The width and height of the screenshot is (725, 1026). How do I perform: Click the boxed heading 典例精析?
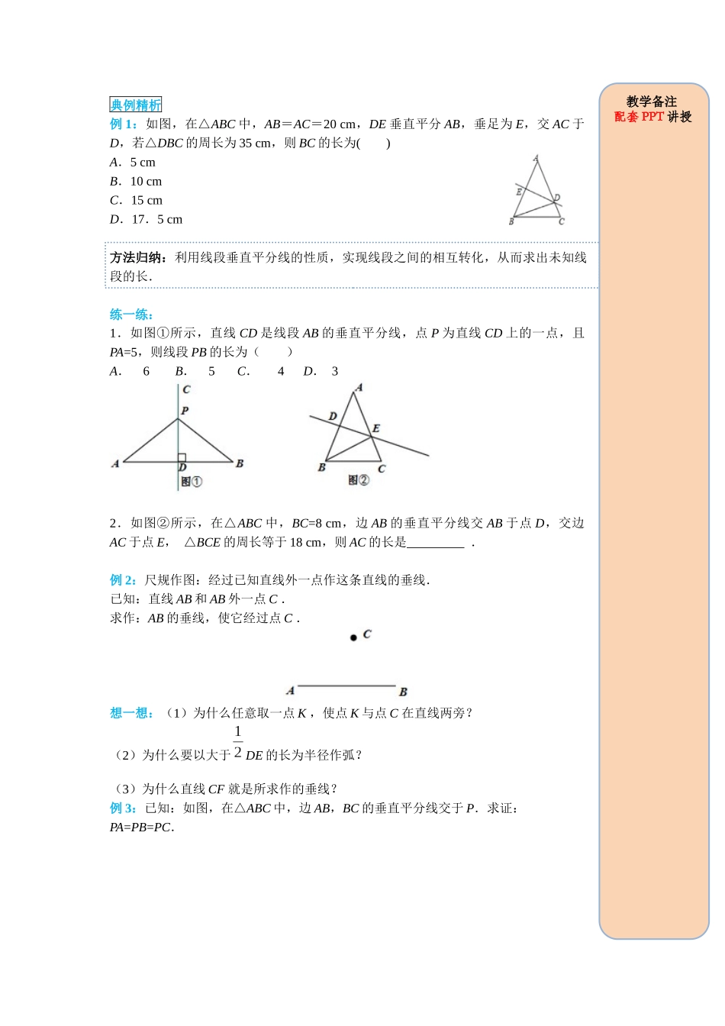pyautogui.click(x=135, y=105)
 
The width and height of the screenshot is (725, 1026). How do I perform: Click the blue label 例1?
pyautogui.click(x=123, y=124)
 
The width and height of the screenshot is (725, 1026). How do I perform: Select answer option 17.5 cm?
pyautogui.click(x=156, y=220)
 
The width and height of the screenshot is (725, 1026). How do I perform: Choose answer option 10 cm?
pyautogui.click(x=146, y=182)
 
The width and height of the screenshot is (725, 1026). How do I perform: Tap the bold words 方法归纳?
pyautogui.click(x=139, y=258)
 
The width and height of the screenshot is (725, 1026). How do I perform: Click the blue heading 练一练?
pyautogui.click(x=131, y=315)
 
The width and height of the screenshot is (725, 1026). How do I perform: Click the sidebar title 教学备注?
pyautogui.click(x=652, y=102)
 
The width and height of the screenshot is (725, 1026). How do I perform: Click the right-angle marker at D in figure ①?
pyautogui.click(x=182, y=458)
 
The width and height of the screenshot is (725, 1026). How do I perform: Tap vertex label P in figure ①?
pyautogui.click(x=185, y=411)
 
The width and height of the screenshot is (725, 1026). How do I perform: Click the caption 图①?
pyautogui.click(x=192, y=482)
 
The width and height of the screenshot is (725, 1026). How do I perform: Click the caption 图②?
pyautogui.click(x=359, y=480)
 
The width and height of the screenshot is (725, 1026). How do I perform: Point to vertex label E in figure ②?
pyautogui.click(x=376, y=429)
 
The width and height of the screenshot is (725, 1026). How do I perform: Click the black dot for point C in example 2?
pyautogui.click(x=353, y=637)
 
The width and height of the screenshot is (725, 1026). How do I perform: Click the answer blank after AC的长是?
pyautogui.click(x=436, y=544)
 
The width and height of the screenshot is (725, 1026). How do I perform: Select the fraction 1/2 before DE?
pyautogui.click(x=238, y=742)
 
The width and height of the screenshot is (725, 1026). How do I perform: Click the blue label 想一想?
pyautogui.click(x=131, y=713)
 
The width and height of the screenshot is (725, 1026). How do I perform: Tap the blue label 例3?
pyautogui.click(x=123, y=808)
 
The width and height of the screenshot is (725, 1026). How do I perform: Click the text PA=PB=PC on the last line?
pyautogui.click(x=140, y=828)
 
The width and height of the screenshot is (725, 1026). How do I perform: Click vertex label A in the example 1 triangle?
pyautogui.click(x=536, y=159)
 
